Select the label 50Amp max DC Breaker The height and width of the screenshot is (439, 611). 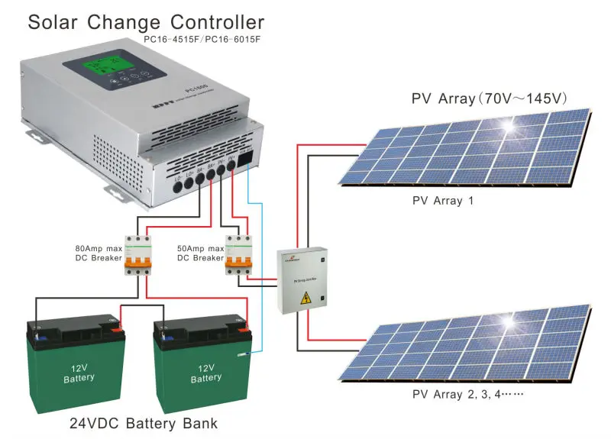[x=200, y=253]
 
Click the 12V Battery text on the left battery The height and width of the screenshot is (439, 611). [x=79, y=372]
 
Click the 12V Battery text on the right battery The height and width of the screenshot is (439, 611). [x=205, y=373]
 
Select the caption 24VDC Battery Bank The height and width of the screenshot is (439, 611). [x=144, y=423]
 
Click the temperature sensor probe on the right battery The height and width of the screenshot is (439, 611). [x=243, y=353]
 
